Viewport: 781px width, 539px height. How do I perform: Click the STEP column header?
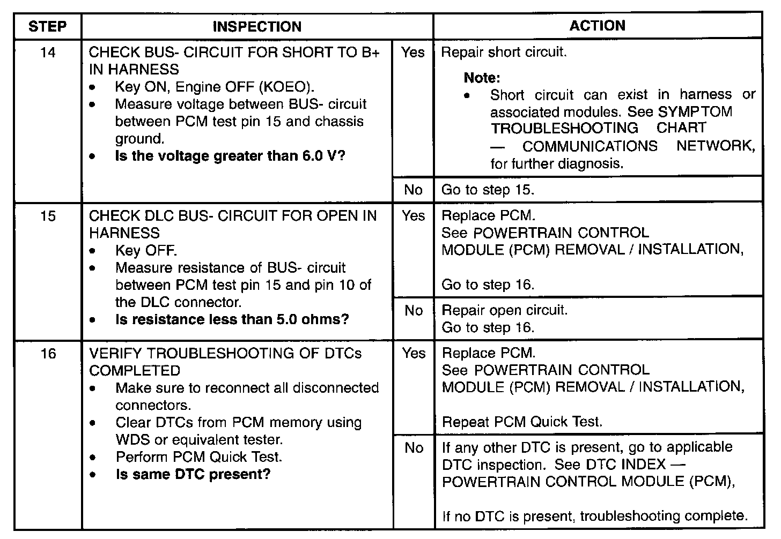(47, 26)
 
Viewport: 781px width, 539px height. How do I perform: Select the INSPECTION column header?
(257, 26)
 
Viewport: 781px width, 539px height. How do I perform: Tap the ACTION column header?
(597, 26)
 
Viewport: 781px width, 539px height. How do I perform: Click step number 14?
(48, 53)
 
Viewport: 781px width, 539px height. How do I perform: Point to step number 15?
(48, 216)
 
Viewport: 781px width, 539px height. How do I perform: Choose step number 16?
(48, 354)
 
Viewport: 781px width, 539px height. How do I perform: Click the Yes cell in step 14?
(412, 53)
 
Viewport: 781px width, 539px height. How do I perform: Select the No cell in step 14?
(413, 190)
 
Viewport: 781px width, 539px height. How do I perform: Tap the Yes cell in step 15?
(413, 216)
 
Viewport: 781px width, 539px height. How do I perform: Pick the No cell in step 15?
(413, 311)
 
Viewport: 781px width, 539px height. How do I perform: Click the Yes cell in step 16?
(413, 354)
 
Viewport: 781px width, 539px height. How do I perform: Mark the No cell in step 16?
(413, 448)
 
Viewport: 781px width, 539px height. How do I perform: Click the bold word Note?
(482, 78)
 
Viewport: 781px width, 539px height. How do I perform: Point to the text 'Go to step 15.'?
(488, 190)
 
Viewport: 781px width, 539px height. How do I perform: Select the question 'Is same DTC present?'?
(193, 474)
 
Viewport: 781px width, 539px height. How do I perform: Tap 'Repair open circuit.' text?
(504, 310)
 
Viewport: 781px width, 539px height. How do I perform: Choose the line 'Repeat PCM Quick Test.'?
(522, 422)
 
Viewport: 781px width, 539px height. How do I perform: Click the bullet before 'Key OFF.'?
(94, 251)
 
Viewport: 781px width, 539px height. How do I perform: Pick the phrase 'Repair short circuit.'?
(504, 53)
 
